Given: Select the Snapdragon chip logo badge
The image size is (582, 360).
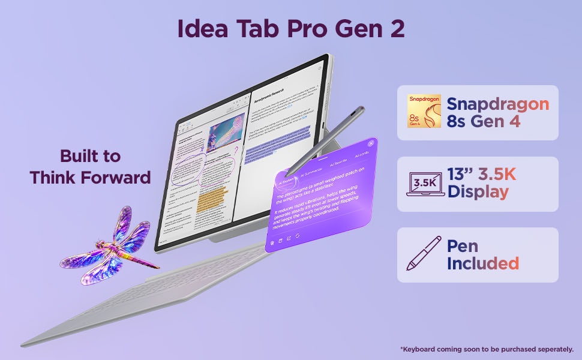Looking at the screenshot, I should pos(424,112).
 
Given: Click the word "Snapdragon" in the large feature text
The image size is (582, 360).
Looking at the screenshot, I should pos(498,104).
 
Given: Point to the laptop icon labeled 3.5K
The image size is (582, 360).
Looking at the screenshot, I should pos(425,184).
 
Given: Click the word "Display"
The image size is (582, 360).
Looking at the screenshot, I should pos(478,192).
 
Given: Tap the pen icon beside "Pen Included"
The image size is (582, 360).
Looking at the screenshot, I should pos(424,254).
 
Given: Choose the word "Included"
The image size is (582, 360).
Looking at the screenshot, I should pos(483,263).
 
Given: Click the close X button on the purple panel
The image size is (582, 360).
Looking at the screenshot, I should pos(371,143).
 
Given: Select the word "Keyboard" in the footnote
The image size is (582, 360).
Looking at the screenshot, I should pos(421,349).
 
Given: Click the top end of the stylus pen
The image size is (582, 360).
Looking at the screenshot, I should pos(361,110).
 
